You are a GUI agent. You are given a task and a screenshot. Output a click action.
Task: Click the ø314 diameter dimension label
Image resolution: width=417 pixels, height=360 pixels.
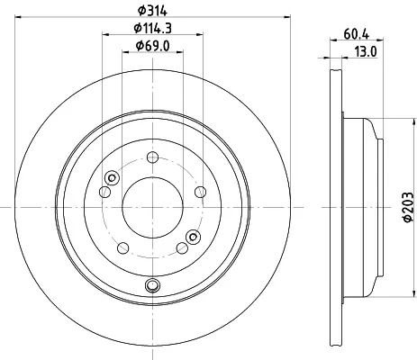pyautogui.click(x=152, y=11)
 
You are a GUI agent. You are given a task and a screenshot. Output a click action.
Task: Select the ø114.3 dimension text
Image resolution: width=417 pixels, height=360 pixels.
pyautogui.click(x=152, y=28)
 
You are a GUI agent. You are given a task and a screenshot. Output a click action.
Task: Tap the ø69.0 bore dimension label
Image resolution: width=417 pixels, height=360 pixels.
pyautogui.click(x=152, y=46)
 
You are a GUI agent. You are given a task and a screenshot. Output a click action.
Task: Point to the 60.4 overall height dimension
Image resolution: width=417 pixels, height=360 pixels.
pyautogui.click(x=356, y=34)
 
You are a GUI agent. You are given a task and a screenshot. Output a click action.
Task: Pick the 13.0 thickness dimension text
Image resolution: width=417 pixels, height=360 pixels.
pyautogui.click(x=366, y=51)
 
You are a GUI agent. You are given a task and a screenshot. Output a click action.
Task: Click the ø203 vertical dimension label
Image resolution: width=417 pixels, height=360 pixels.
pyautogui.click(x=408, y=207)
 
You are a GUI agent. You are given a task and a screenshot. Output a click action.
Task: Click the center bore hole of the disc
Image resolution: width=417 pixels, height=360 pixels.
pyautogui.click(x=152, y=207)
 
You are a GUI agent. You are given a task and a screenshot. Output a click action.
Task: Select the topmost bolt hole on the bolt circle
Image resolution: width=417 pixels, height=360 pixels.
pyautogui.click(x=152, y=157)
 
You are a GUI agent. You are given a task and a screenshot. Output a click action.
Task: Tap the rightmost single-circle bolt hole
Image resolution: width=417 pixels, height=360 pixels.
pyautogui.click(x=200, y=192)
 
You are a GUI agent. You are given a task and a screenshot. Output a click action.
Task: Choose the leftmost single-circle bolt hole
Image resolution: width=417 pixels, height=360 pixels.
pyautogui.click(x=104, y=192)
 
